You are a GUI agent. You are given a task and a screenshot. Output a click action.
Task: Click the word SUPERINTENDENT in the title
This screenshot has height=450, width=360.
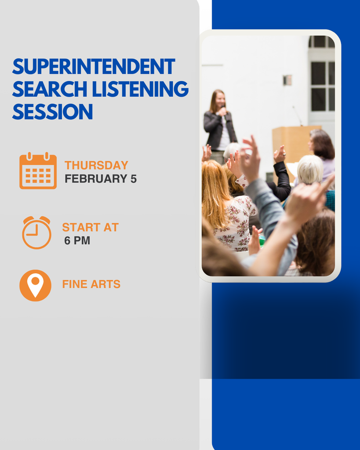(x=94, y=67)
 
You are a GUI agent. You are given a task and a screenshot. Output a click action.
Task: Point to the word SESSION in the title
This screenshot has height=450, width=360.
(x=52, y=112)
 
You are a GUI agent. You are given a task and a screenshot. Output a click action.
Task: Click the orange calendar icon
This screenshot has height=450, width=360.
(x=38, y=171)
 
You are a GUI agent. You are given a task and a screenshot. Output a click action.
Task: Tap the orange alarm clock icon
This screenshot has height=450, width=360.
(x=36, y=232)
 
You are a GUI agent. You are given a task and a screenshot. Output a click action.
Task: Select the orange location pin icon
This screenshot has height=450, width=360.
(x=35, y=285)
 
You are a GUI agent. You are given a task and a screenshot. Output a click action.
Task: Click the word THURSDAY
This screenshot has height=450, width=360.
(x=96, y=165)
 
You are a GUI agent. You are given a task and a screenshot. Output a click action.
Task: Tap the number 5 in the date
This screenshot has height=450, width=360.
(x=133, y=179)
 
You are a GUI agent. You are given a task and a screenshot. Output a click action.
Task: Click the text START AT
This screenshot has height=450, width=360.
(x=90, y=227)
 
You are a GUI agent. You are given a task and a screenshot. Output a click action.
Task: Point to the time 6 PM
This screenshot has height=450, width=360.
(x=77, y=241)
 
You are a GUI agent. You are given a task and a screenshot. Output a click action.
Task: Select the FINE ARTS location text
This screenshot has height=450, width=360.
(x=91, y=284)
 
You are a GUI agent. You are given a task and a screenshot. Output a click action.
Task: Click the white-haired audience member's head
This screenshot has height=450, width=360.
(x=310, y=169)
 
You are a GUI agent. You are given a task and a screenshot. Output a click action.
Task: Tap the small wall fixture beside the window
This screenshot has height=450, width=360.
(x=287, y=80)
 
